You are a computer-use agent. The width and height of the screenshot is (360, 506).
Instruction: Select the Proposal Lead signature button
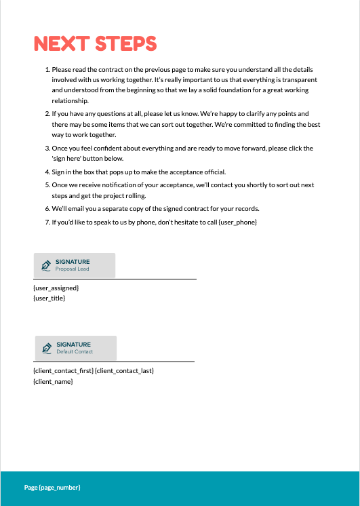point(75,265)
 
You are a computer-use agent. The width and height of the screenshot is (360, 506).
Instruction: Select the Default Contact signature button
point(76,348)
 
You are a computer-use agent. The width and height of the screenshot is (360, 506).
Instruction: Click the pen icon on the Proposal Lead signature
point(46,265)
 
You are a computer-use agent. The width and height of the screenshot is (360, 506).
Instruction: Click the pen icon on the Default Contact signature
point(47,348)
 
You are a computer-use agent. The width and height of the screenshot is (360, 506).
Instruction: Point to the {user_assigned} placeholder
point(56,288)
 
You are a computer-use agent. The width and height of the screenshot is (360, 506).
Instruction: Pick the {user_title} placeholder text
point(50,298)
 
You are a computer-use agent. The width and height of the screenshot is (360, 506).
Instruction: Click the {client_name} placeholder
point(53,382)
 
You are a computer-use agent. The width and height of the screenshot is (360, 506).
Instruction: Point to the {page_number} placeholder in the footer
point(60,488)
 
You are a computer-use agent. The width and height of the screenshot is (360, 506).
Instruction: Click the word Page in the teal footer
point(31,488)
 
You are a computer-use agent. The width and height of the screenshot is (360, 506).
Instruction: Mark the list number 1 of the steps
point(47,70)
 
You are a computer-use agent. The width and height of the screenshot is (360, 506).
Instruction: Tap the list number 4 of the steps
point(47,172)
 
